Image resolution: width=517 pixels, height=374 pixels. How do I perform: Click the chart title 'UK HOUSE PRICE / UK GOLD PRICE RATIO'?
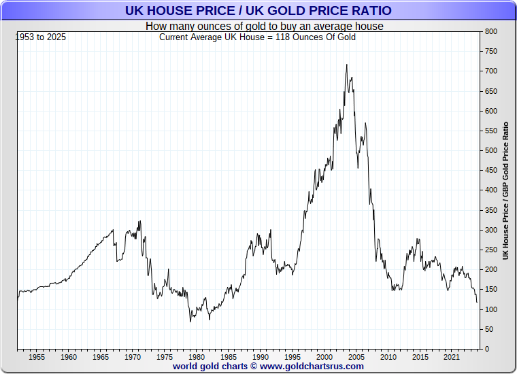[258, 11]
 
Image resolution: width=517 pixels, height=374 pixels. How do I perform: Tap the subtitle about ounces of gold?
[264, 26]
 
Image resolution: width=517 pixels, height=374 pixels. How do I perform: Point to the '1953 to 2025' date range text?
[40, 37]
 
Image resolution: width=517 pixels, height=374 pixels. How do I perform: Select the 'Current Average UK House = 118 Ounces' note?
[257, 37]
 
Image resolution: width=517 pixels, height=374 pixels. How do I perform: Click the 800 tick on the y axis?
[490, 32]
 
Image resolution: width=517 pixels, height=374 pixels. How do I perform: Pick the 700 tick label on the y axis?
[490, 71]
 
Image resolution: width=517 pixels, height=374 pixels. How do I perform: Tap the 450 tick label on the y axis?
[490, 171]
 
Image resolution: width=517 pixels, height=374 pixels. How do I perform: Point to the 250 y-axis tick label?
[490, 250]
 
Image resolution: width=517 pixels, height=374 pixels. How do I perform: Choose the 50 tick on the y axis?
[488, 330]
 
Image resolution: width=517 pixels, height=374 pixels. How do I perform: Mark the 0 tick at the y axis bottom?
[486, 350]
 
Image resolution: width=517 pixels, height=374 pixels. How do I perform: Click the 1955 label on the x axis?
[37, 357]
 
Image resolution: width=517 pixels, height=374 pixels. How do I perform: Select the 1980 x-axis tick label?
[196, 357]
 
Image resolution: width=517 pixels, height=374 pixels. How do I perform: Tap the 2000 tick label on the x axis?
[324, 357]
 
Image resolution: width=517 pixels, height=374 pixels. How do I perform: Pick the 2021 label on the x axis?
[451, 357]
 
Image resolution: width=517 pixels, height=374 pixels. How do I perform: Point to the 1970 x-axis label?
[132, 357]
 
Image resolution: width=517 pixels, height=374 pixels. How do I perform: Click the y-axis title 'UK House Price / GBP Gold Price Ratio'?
[505, 191]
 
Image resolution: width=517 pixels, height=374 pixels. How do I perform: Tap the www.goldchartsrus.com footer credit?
[268, 367]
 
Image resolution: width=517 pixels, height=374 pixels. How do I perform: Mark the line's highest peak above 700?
[347, 65]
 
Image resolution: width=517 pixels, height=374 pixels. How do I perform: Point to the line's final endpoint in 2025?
[477, 302]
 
